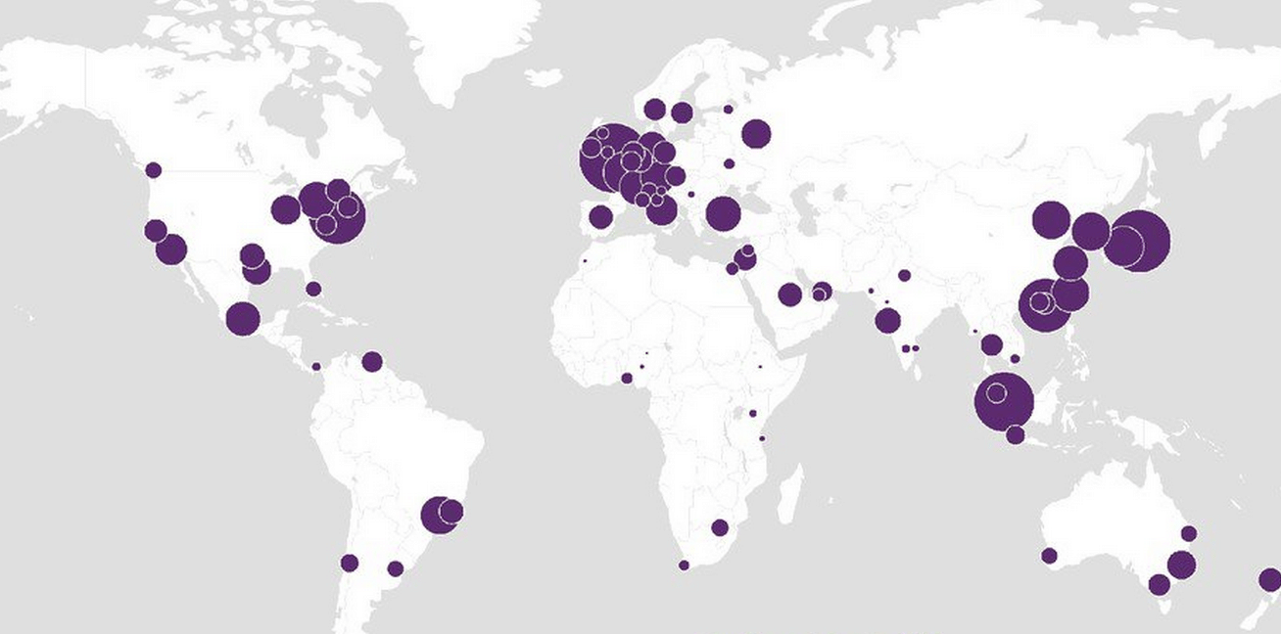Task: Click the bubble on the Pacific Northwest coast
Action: (x=153, y=170)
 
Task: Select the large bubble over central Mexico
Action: (x=243, y=319)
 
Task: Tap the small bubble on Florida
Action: (x=313, y=289)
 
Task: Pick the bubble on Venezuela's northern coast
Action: (x=371, y=362)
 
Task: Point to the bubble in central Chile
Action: (x=350, y=563)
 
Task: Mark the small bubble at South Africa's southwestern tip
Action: (x=684, y=565)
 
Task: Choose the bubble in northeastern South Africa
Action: (x=720, y=527)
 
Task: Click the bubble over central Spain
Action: (x=600, y=217)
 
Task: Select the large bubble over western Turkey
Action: (x=722, y=213)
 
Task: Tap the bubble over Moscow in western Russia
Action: (x=756, y=133)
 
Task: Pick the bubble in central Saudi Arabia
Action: (x=789, y=294)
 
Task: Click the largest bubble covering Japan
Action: (x=1137, y=241)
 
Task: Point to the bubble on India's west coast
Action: (x=887, y=320)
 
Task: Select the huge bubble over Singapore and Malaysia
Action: (x=1004, y=401)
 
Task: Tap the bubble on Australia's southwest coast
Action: (x=1049, y=556)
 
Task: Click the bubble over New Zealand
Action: (x=1269, y=580)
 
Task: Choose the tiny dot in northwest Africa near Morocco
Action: (x=585, y=260)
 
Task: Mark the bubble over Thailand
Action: (x=991, y=344)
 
